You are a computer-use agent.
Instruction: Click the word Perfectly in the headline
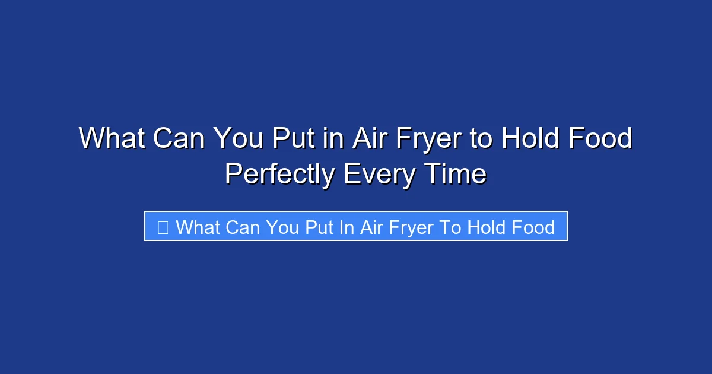[278, 175]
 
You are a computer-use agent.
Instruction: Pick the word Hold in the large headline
[530, 139]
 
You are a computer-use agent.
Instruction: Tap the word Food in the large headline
[600, 139]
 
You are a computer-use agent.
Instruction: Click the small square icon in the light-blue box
[163, 227]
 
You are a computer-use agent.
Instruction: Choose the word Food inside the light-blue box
[532, 227]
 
